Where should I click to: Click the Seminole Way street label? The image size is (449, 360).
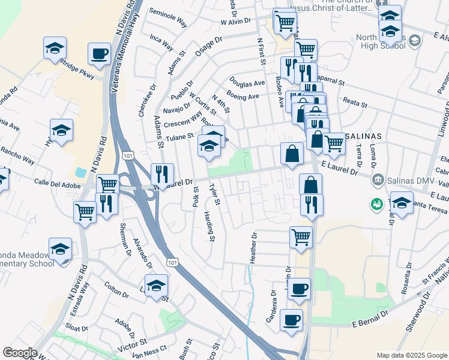(x=169, y=21)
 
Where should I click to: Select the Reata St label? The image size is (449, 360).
(x=355, y=104)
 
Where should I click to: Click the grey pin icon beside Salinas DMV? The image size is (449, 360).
(x=378, y=179)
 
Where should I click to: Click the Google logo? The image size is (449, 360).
(x=20, y=353)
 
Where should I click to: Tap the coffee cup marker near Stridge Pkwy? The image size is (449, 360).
(x=99, y=53)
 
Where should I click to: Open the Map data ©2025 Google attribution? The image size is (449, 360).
(x=412, y=355)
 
